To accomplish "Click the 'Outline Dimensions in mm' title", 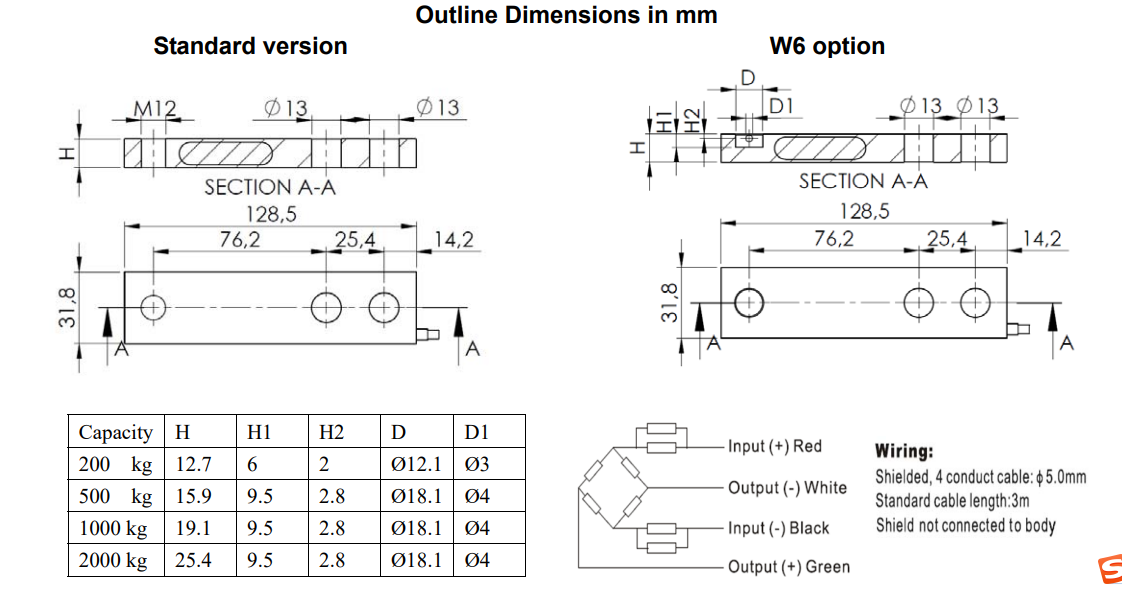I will click(x=566, y=15).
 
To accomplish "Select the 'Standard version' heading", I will click(x=250, y=46).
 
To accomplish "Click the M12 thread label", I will click(x=155, y=108).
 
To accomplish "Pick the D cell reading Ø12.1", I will click(x=415, y=465).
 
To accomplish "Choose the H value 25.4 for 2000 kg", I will click(x=193, y=561).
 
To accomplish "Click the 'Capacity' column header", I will click(x=116, y=433).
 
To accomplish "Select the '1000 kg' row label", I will click(x=113, y=529).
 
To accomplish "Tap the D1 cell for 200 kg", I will click(x=478, y=465).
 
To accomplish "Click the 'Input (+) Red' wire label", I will click(x=774, y=446).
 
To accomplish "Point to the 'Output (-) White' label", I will click(x=787, y=487).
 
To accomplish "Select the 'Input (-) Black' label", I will click(x=778, y=528).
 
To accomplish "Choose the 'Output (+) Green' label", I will click(x=788, y=567).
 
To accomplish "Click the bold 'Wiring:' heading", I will click(x=904, y=452).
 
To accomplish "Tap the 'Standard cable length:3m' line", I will click(x=952, y=501).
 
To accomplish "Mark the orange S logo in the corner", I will click(x=1108, y=570).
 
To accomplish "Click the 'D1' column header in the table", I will click(x=476, y=433).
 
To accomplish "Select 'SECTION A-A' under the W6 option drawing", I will click(x=863, y=181).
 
